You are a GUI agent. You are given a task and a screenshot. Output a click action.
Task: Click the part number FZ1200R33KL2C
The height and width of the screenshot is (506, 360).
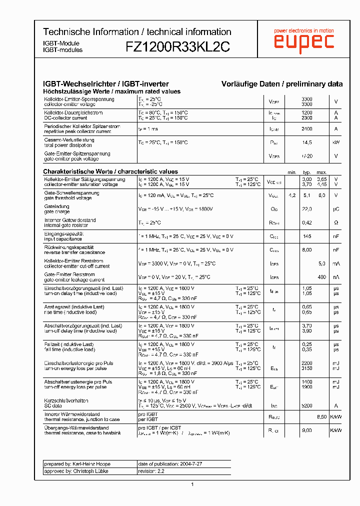coord(177,47)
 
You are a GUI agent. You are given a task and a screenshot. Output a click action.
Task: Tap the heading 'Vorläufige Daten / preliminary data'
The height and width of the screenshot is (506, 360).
coord(282,84)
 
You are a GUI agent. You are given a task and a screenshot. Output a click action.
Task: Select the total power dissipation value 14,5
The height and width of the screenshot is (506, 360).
coord(307,142)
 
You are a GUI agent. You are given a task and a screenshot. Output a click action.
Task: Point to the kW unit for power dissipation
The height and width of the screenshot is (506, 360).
coord(336,142)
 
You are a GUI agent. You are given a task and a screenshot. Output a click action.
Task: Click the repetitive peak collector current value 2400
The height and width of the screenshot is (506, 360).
coord(307,129)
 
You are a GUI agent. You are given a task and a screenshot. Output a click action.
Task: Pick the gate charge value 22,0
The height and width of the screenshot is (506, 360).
coord(307,209)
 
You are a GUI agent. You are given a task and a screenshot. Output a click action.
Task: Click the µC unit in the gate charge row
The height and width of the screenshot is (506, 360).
coord(336,209)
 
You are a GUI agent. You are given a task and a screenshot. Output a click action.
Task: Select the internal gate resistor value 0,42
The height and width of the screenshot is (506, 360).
coord(307,222)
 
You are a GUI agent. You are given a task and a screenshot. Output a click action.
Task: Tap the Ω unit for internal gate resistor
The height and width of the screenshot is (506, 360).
coord(336,222)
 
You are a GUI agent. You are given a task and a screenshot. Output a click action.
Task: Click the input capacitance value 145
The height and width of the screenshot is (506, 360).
coord(307,236)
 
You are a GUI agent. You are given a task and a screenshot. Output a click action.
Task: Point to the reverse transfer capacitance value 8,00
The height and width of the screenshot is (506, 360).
coord(307,249)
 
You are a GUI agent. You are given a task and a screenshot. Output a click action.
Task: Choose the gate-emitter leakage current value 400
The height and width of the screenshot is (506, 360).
coord(322,277)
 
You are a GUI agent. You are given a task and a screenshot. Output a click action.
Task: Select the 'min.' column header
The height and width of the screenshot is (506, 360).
coord(292,172)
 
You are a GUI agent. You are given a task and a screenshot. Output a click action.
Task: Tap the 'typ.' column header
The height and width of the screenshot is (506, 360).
coord(307,172)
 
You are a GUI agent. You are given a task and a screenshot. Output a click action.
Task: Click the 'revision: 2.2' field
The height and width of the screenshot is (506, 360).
coord(151,471)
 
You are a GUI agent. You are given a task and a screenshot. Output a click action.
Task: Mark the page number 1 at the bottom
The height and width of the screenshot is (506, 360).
coord(192,484)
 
